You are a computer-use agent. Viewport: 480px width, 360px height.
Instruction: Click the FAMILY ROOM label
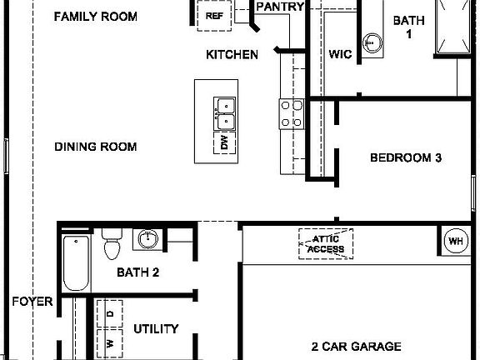pos(94,17)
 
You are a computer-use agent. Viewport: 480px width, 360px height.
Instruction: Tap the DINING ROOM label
pos(95,147)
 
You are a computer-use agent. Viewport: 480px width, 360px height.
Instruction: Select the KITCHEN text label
pos(232,55)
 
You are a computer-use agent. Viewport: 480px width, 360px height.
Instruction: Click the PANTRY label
pos(280,7)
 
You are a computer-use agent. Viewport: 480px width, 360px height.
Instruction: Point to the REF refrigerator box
pos(214,15)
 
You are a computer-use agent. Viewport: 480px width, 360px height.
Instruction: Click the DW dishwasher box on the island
pos(224,143)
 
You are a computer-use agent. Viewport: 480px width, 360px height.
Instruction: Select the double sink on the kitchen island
pos(224,114)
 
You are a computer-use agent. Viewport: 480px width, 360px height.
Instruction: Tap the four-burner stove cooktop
pos(291,113)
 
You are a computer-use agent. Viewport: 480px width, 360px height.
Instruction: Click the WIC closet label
pos(340,56)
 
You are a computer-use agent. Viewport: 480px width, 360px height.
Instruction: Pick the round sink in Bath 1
pos(372,41)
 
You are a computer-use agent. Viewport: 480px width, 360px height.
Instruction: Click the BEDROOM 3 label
pos(405,157)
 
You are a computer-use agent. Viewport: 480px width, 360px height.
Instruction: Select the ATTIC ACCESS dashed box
pos(326,243)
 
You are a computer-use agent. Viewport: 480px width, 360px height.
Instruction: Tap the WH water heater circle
pos(456,242)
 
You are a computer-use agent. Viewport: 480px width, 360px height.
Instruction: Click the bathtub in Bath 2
pos(77,263)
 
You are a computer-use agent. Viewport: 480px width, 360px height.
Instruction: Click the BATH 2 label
pos(137,272)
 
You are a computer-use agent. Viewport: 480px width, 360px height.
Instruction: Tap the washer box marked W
pos(109,342)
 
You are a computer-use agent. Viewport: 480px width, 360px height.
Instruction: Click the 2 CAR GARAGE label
pos(357,347)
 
